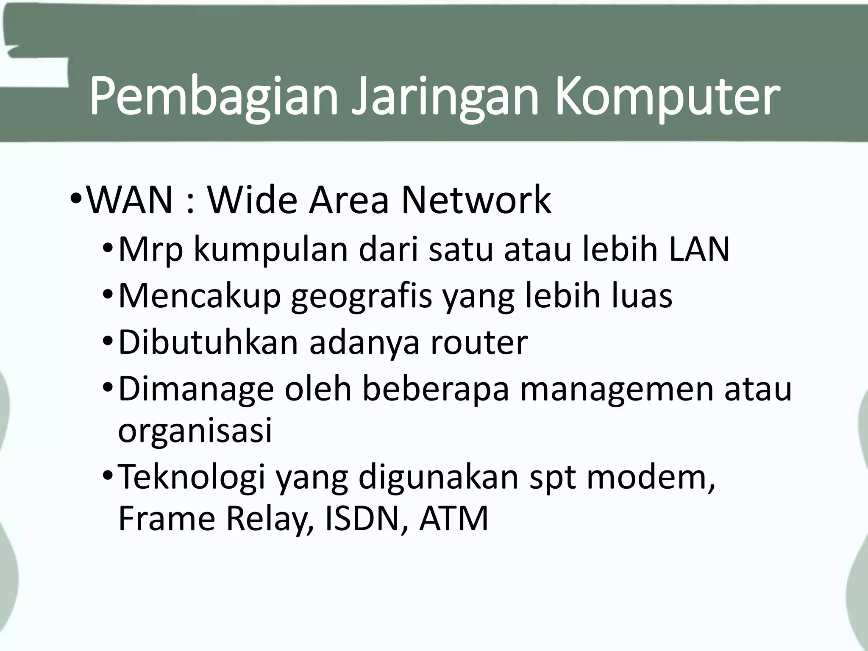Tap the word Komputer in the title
pos(668,97)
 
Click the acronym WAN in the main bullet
pos(130,200)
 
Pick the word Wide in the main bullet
pos(252,200)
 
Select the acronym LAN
pos(699,249)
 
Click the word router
pos(479,342)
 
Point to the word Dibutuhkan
pos(208,342)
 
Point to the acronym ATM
pos(454,519)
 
